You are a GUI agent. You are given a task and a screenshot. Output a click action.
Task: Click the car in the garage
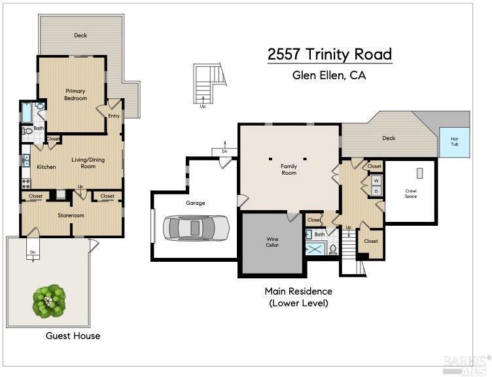196,228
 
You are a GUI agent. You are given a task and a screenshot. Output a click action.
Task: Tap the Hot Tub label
454,141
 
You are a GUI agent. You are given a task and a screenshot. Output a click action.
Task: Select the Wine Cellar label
272,242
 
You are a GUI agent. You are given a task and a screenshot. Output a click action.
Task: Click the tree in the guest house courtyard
49,301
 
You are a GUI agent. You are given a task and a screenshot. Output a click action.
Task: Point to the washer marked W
376,181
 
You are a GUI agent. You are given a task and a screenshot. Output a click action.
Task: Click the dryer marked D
376,191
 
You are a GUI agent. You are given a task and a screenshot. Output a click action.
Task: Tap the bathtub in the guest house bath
27,113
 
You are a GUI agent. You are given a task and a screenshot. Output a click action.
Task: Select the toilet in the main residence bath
333,249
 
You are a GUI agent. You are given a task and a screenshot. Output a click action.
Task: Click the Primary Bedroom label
75,94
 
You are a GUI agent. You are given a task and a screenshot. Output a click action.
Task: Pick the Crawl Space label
411,193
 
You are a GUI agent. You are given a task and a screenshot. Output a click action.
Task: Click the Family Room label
289,170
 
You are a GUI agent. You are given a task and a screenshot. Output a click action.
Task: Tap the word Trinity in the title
327,54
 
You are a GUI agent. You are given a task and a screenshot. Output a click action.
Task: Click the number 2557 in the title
285,54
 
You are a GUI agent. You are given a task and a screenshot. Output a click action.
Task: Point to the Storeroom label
71,215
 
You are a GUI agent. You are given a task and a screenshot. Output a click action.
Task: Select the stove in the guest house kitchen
26,183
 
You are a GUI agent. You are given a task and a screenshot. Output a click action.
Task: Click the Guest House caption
73,336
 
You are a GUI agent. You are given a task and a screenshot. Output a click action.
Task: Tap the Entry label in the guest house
114,116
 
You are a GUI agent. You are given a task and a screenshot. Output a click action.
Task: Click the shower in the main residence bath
316,249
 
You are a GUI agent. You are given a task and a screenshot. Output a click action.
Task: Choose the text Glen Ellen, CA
329,75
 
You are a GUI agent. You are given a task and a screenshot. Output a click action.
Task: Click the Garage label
195,204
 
